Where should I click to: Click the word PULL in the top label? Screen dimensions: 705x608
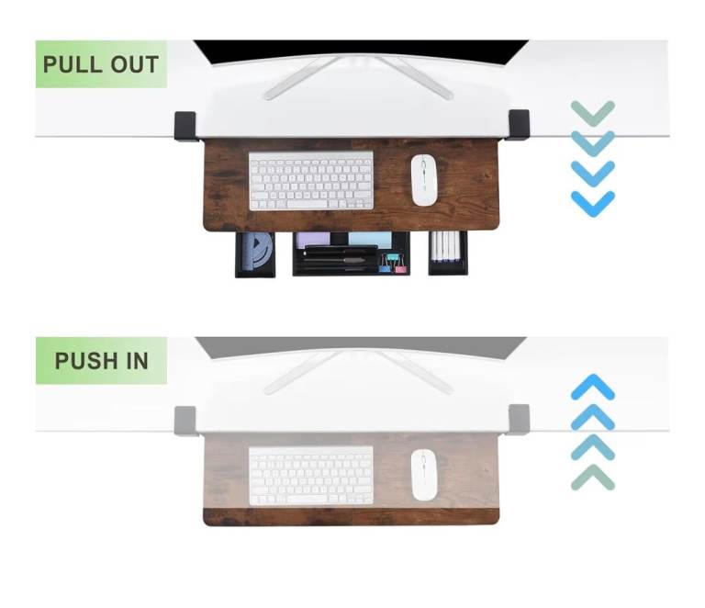pyautogui.click(x=72, y=64)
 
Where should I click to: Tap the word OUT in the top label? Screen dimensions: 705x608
pyautogui.click(x=134, y=64)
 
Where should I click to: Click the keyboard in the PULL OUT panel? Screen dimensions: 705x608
pyautogui.click(x=311, y=180)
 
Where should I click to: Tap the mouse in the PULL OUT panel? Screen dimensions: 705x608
pyautogui.click(x=423, y=180)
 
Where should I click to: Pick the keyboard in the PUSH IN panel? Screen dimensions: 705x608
pyautogui.click(x=311, y=476)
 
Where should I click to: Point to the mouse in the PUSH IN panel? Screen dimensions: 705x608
pyautogui.click(x=423, y=475)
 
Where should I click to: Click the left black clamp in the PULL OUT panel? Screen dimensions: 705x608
pyautogui.click(x=185, y=126)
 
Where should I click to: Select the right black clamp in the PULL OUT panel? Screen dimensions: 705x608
pyautogui.click(x=519, y=125)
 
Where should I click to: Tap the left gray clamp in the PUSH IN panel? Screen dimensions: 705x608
pyautogui.click(x=185, y=421)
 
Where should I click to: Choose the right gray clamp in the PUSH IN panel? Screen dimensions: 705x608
pyautogui.click(x=519, y=419)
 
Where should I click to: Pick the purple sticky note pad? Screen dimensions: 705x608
pyautogui.click(x=313, y=239)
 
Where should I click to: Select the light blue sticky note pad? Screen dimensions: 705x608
pyautogui.click(x=370, y=239)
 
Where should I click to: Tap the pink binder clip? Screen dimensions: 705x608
pyautogui.click(x=400, y=265)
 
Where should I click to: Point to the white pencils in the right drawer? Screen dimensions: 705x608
pyautogui.click(x=446, y=246)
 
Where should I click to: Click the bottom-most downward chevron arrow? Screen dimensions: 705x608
pyautogui.click(x=593, y=204)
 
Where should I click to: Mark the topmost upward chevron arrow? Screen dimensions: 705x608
pyautogui.click(x=593, y=387)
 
